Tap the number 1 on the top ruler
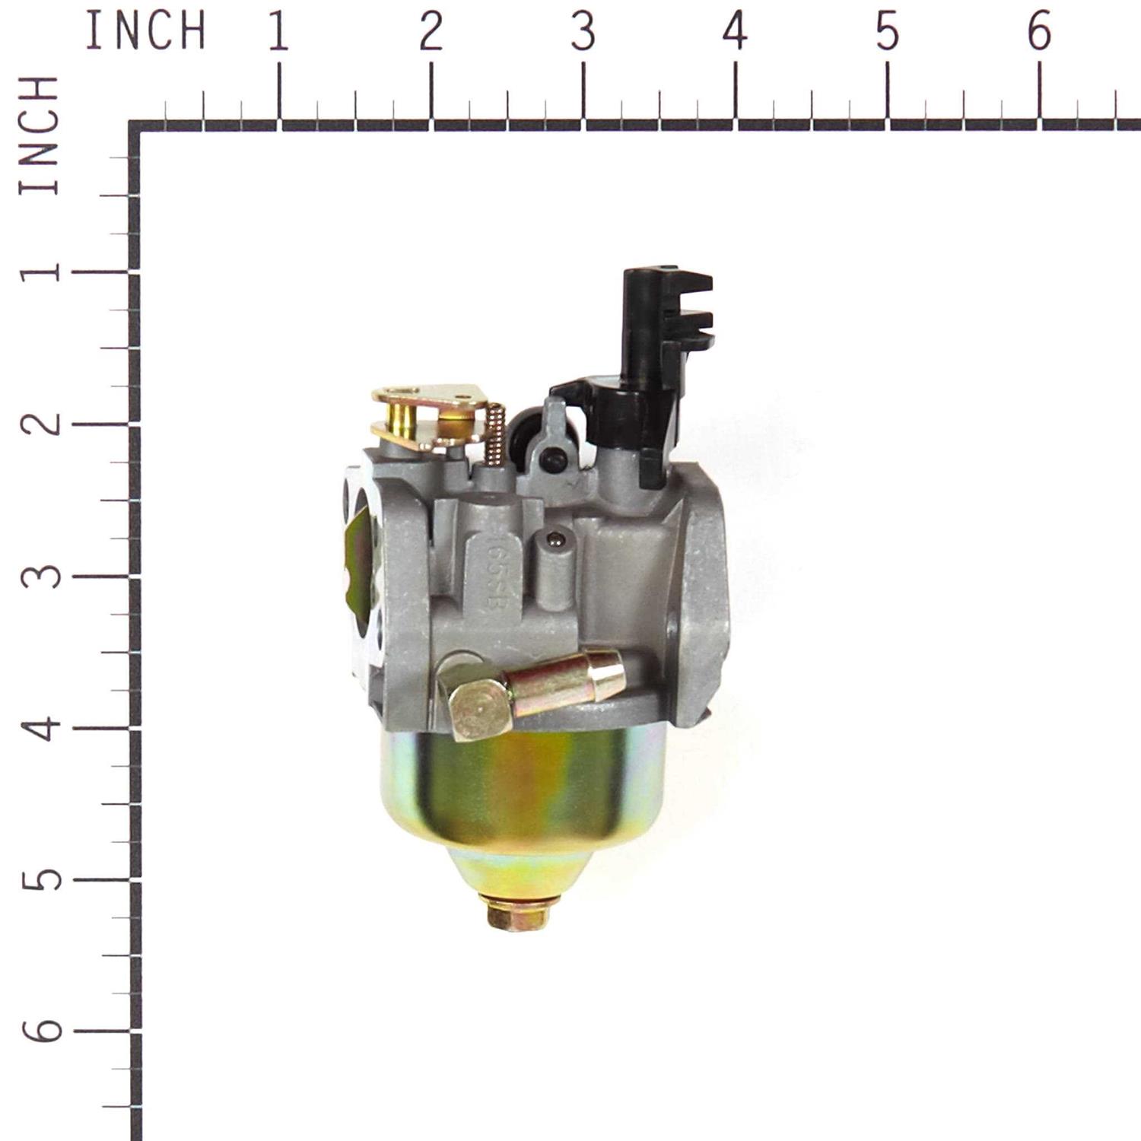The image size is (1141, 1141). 278,32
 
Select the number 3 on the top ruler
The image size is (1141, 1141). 583,32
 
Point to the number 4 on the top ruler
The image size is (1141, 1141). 735,32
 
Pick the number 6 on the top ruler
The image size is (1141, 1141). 1039,32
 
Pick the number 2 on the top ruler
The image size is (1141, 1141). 431,32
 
